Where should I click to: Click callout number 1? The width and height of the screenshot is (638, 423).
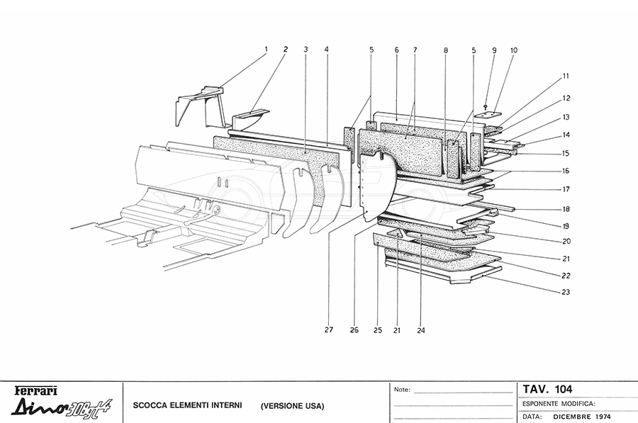click(x=266, y=49)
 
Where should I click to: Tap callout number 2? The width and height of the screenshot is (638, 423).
click(x=285, y=49)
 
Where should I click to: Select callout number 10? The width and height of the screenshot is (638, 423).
click(x=513, y=50)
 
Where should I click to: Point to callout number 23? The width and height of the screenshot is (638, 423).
click(x=566, y=292)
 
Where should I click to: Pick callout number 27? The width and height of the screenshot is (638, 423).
click(x=328, y=329)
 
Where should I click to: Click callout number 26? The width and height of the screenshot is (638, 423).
click(x=354, y=329)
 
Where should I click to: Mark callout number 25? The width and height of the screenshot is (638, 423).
click(x=377, y=329)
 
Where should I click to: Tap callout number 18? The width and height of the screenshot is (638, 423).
click(x=566, y=210)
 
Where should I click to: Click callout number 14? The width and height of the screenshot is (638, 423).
click(x=566, y=134)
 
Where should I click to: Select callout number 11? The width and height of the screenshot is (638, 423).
click(x=566, y=76)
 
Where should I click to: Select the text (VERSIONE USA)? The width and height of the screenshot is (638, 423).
click(x=292, y=406)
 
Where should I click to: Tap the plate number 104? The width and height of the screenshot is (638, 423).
click(x=559, y=389)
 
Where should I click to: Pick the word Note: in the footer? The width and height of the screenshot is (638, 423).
click(x=402, y=390)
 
